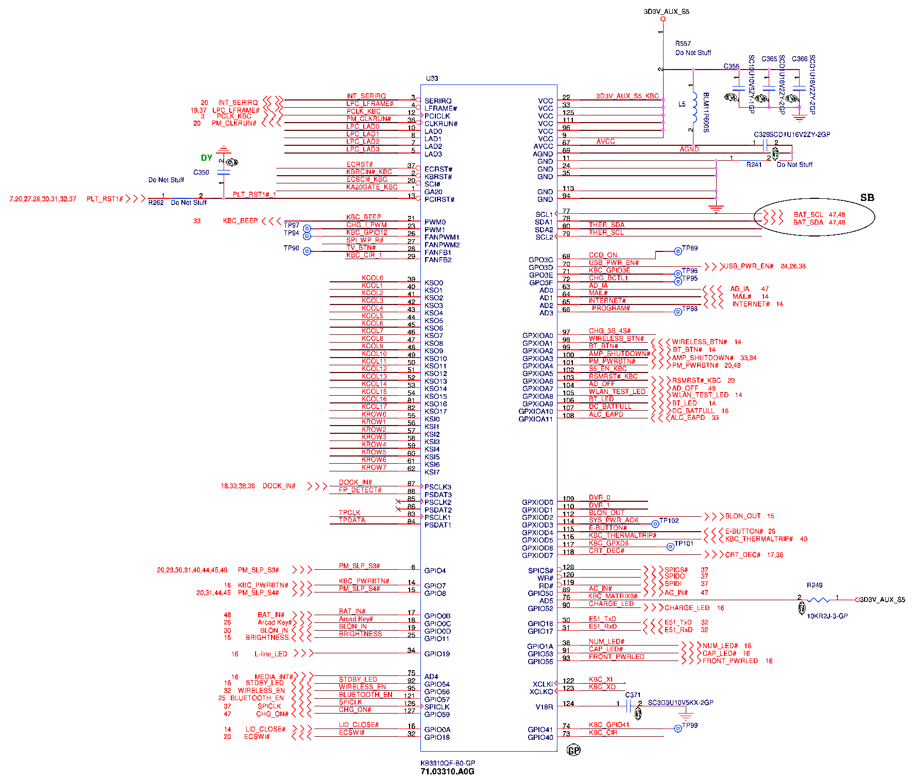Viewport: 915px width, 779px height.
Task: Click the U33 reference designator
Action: [432, 78]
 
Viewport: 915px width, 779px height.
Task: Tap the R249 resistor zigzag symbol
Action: [818, 599]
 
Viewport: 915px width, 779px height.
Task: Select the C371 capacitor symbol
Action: [629, 705]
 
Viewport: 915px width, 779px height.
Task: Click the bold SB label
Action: [867, 197]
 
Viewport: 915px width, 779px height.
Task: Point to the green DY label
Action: [207, 158]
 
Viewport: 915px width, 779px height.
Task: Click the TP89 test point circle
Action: [678, 251]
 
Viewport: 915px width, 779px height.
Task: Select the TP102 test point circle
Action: [655, 524]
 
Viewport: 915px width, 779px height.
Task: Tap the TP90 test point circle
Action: [307, 251]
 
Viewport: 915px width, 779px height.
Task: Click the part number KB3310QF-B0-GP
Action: [448, 763]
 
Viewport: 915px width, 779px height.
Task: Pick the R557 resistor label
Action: [683, 44]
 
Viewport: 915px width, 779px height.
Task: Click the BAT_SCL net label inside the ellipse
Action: [808, 214]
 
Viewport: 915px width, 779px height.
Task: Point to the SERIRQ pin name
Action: [438, 101]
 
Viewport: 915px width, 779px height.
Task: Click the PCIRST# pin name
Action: [439, 199]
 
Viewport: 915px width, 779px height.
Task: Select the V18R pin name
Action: [544, 707]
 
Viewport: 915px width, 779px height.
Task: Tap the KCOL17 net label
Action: [374, 407]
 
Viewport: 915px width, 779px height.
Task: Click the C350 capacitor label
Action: [201, 172]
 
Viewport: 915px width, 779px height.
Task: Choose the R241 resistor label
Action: [754, 165]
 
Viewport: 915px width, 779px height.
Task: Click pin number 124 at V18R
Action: [568, 703]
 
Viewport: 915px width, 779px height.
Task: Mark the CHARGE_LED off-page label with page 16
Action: [687, 608]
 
